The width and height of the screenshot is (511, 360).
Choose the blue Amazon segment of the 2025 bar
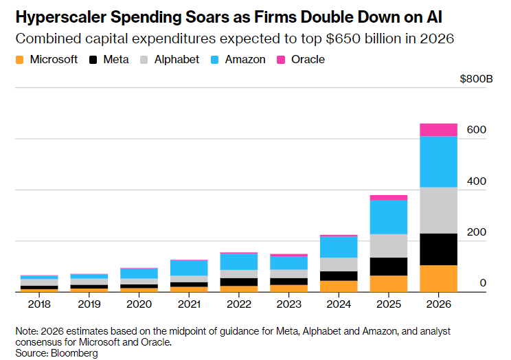click(388, 217)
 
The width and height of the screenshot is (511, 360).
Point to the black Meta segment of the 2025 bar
click(388, 267)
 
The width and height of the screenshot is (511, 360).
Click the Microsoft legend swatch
click(20, 60)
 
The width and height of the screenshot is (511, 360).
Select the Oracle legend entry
click(306, 60)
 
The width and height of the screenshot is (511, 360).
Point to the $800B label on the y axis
click(476, 79)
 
